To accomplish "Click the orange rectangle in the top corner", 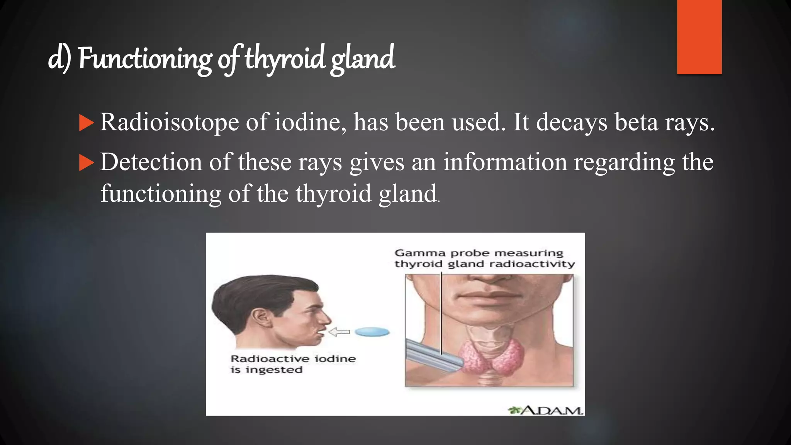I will point(699,37).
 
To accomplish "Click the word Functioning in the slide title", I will point(145,59).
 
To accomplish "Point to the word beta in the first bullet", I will point(636,122).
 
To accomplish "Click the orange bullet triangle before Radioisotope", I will point(86,123).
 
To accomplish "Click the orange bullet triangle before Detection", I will point(86,163).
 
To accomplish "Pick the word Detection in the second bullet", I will point(151,162).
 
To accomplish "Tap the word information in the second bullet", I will point(505,162).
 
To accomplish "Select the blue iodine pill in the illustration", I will point(372,332).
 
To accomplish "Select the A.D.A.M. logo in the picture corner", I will point(545,410).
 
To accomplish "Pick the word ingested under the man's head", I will point(274,370).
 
